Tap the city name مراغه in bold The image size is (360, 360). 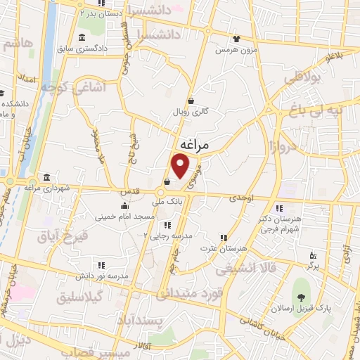pyautogui.click(x=195, y=144)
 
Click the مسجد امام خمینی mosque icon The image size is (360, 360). pyautogui.click(x=125, y=206)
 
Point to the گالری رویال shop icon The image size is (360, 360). pyautogui.click(x=191, y=101)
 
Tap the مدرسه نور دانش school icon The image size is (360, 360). pyautogui.click(x=101, y=265)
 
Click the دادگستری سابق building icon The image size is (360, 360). pyautogui.click(x=82, y=37)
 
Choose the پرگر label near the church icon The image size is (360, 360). pyautogui.click(x=313, y=267)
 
